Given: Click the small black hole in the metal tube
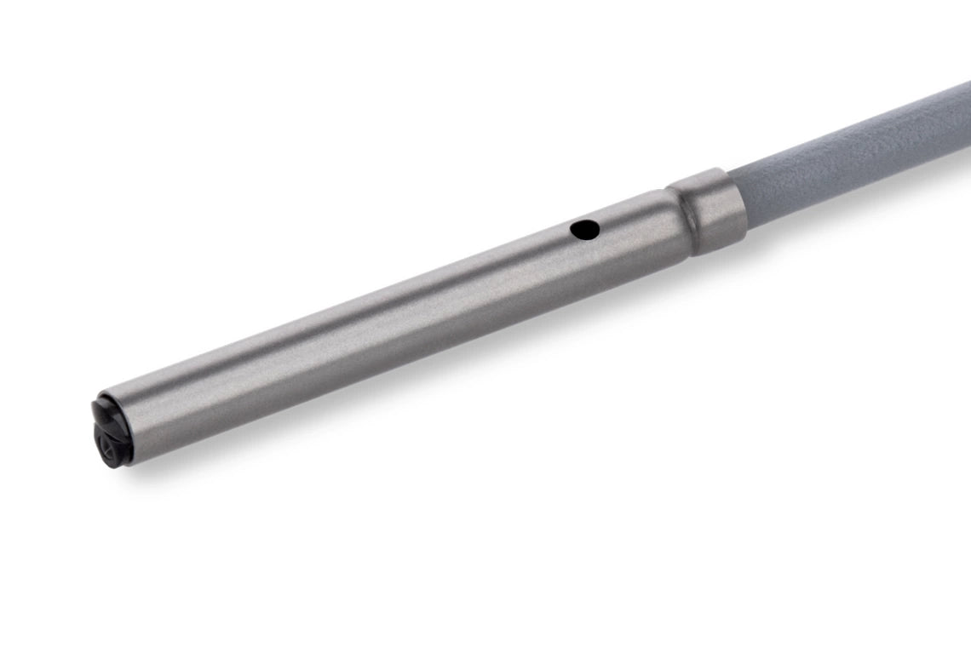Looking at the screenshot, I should (584, 228).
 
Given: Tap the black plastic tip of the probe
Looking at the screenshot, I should (107, 433).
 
